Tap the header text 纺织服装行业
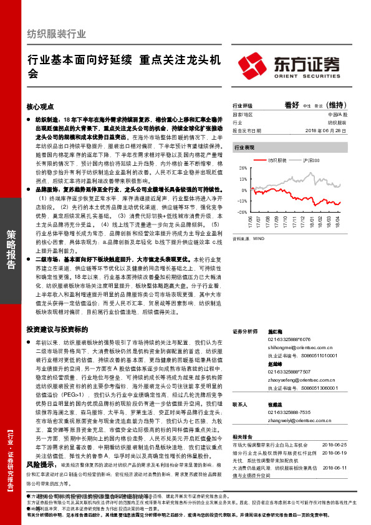(56, 34)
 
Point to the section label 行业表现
(244, 147)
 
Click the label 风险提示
(41, 465)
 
